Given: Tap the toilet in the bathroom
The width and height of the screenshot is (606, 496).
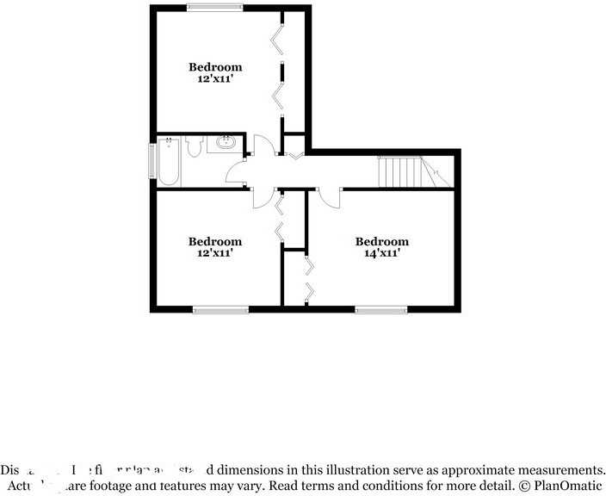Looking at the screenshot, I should [194, 146].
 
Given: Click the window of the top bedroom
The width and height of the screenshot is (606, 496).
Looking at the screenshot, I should [215, 8].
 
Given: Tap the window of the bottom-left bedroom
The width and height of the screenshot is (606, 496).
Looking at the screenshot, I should [220, 310].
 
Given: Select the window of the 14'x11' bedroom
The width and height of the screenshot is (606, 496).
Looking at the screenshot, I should [381, 310].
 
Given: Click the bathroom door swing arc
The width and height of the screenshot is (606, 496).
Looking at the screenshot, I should [234, 171].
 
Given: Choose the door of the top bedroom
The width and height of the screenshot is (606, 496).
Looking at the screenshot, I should [265, 145].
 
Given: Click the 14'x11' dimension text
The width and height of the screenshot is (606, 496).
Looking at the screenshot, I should [381, 254].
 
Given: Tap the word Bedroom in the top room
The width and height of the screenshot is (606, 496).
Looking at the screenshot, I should [215, 67].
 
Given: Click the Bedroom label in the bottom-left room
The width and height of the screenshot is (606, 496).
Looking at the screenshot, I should [215, 242].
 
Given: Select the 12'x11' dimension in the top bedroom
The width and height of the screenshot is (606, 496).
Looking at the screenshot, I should [215, 79].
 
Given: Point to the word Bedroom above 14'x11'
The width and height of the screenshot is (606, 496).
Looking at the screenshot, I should [381, 242].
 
